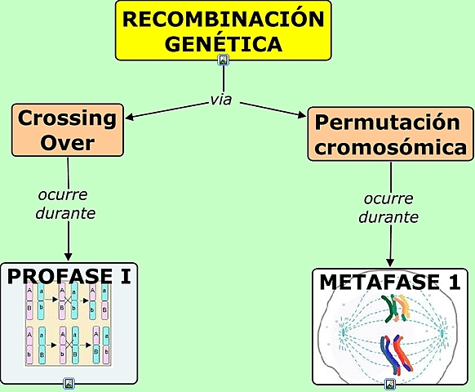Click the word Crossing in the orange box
point(67,118)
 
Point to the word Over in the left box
point(68,143)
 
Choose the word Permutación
point(388,123)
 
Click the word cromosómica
point(392,148)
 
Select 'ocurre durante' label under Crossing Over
point(66,204)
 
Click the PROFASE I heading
point(69,276)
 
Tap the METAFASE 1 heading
point(390,282)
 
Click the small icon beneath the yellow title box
point(224,60)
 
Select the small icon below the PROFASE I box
point(69,382)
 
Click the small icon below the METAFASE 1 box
point(390,383)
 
